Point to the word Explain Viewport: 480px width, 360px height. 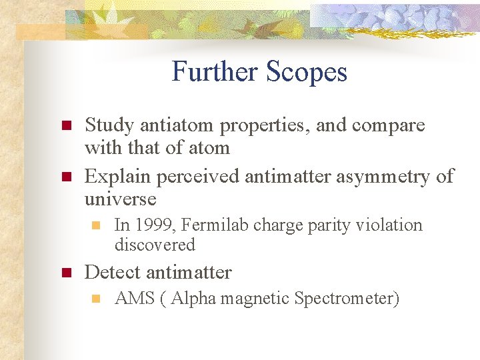click(x=117, y=176)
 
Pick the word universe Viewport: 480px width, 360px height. click(x=120, y=199)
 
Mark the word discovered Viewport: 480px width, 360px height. click(x=155, y=245)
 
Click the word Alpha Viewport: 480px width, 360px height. click(x=194, y=298)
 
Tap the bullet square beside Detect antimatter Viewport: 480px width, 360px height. click(x=65, y=273)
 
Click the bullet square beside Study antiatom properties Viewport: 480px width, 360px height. click(x=65, y=125)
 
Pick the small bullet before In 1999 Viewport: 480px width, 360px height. click(x=96, y=225)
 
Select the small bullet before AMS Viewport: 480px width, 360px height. click(x=96, y=299)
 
